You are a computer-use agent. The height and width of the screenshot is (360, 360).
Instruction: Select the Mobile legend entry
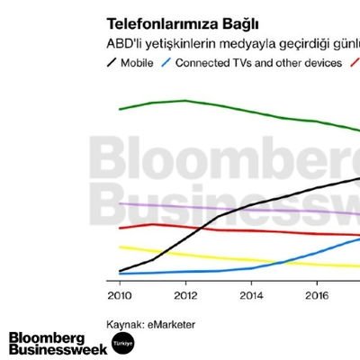tap(139, 63)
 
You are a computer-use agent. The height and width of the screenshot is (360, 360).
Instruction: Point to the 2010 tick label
tap(119, 293)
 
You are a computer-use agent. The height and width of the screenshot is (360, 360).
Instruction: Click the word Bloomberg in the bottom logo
tap(52, 337)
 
